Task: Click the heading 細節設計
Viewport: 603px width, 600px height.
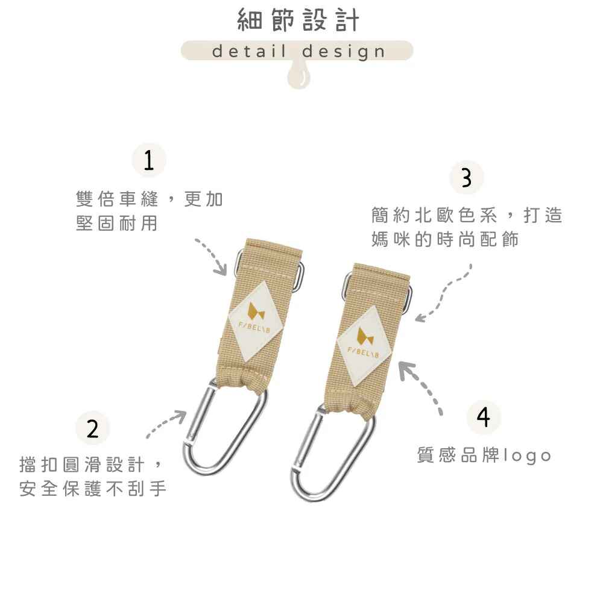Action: pyautogui.click(x=298, y=20)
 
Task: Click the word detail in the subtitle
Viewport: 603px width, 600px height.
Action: pyautogui.click(x=250, y=51)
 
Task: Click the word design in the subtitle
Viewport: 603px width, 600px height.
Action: pyautogui.click(x=344, y=52)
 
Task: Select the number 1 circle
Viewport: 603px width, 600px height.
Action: pyautogui.click(x=149, y=160)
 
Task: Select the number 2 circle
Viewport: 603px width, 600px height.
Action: pyautogui.click(x=93, y=428)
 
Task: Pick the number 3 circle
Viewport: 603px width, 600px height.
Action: pyautogui.click(x=467, y=178)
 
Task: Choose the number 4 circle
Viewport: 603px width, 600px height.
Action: pyautogui.click(x=484, y=417)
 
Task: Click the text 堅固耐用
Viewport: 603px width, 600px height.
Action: pyautogui.click(x=117, y=223)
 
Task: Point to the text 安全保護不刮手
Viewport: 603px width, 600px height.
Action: pyautogui.click(x=93, y=489)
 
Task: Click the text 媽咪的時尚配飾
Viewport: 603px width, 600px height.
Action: pyautogui.click(x=445, y=239)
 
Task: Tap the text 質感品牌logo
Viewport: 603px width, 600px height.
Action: pyautogui.click(x=484, y=455)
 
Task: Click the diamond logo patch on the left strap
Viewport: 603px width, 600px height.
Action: pyautogui.click(x=255, y=321)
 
